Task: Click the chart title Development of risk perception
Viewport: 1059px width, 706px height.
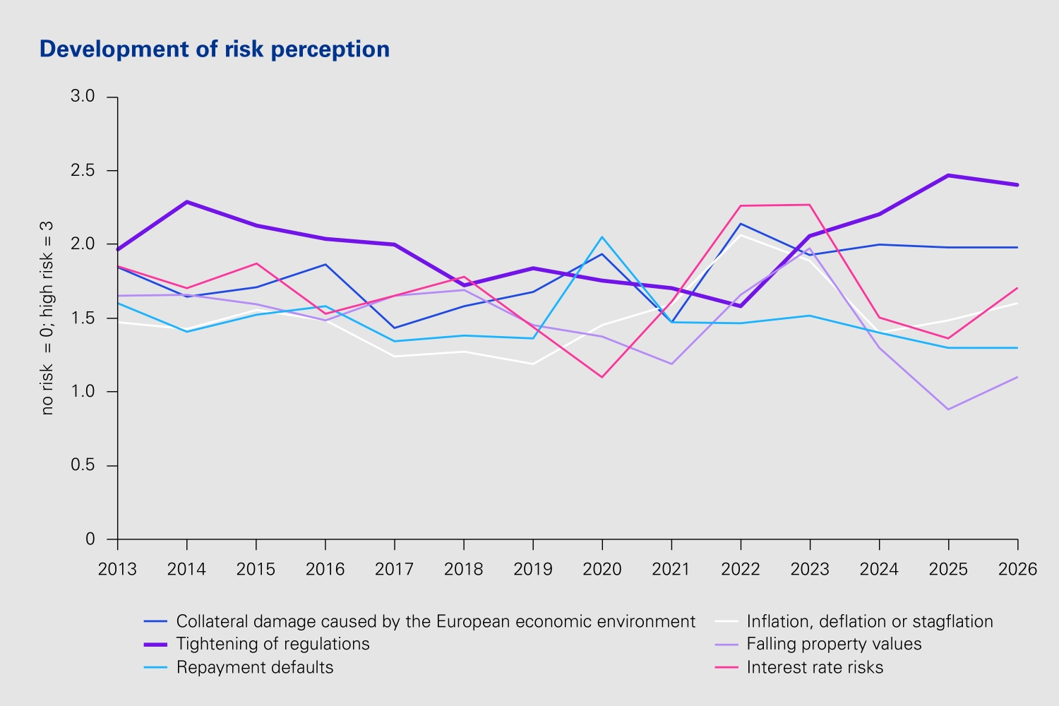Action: pyautogui.click(x=214, y=49)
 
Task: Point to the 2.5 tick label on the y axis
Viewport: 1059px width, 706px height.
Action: pyautogui.click(x=83, y=171)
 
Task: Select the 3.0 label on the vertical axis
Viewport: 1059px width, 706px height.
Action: pyautogui.click(x=83, y=97)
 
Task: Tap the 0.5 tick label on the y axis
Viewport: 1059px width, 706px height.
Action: pyautogui.click(x=83, y=465)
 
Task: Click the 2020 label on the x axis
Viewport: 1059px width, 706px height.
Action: pyautogui.click(x=602, y=569)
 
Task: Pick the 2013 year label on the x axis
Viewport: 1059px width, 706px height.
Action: pyautogui.click(x=117, y=569)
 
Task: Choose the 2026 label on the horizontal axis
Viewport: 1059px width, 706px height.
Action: pyautogui.click(x=1017, y=569)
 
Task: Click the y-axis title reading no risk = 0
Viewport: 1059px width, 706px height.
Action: pyautogui.click(x=47, y=318)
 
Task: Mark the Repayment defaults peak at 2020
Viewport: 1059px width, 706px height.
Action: pyautogui.click(x=602, y=237)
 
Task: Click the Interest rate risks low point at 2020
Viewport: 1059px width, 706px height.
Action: pyautogui.click(x=602, y=377)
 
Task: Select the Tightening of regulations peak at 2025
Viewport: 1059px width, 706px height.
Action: pyautogui.click(x=948, y=175)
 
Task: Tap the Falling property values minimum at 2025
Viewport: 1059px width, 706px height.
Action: pyautogui.click(x=948, y=409)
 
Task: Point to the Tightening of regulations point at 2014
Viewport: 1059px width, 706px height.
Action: pyautogui.click(x=187, y=202)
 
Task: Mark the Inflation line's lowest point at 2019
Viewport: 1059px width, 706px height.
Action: pyautogui.click(x=533, y=364)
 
